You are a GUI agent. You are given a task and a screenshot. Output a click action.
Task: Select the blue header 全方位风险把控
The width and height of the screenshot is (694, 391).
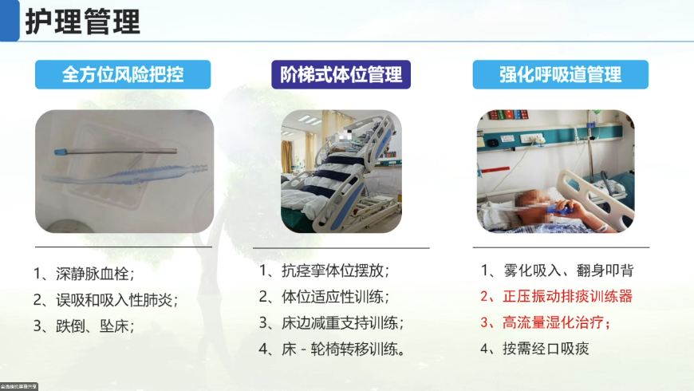click(123, 75)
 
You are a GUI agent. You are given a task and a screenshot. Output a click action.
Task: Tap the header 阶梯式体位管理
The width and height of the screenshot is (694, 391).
click(341, 75)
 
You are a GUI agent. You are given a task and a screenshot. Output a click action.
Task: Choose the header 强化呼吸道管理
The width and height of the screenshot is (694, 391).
click(560, 75)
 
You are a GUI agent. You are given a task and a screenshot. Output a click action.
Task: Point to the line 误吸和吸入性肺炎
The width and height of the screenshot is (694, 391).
click(105, 300)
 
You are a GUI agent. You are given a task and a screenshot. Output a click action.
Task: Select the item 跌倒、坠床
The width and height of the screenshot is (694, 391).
click(84, 326)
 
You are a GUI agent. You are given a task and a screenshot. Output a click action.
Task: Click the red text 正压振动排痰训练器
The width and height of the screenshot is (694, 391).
click(557, 297)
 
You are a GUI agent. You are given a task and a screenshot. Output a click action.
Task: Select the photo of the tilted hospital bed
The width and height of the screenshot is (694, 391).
click(341, 171)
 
